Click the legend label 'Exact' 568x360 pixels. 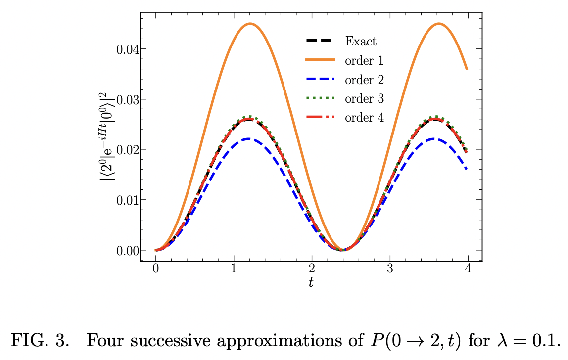point(360,41)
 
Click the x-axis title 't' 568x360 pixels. point(311,283)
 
